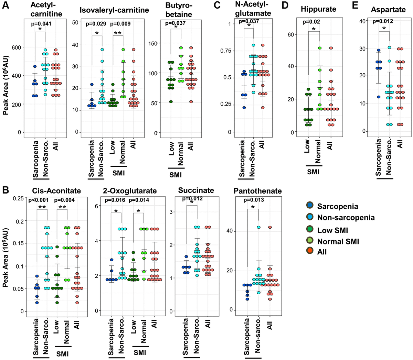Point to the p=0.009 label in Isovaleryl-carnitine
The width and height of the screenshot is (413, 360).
(x=120, y=24)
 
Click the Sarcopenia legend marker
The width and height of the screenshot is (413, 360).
(x=310, y=206)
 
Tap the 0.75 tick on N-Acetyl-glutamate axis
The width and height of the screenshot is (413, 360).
(x=226, y=51)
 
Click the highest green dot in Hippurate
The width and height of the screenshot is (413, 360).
(x=320, y=48)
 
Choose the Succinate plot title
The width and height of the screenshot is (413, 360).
(x=196, y=190)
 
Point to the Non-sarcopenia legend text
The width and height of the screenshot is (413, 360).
(x=346, y=217)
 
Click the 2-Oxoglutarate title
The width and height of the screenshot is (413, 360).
(x=130, y=191)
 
